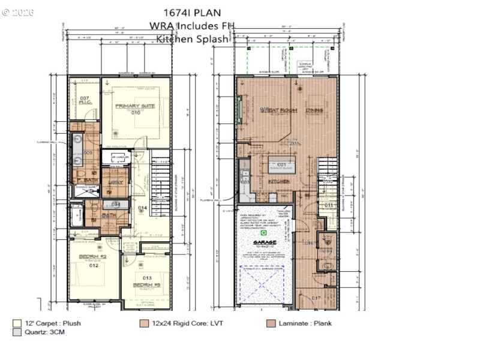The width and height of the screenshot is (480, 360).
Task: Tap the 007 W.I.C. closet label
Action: coord(85,100)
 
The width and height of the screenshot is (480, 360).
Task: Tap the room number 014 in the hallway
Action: coord(142,208)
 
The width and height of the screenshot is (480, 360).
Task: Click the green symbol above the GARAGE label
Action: coord(262,231)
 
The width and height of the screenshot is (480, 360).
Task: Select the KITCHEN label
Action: coord(279,181)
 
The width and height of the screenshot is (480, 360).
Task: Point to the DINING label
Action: coord(314,110)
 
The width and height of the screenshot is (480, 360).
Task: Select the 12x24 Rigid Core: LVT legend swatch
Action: coord(144,323)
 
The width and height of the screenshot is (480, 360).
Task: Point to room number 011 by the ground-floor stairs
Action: coord(328,205)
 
